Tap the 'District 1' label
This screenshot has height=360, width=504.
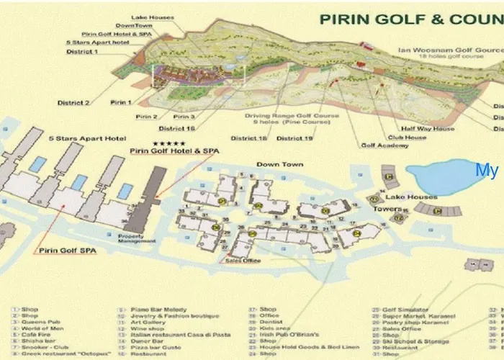point(82,52)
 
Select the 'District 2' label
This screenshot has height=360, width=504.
point(73,103)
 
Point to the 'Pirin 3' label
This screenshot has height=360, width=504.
point(184,117)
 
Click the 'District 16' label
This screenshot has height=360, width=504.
point(180,128)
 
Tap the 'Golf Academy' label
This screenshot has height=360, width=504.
point(384,145)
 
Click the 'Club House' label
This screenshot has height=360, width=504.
point(407,137)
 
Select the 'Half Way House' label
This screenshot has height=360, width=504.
point(433,129)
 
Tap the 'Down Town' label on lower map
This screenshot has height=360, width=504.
point(279,165)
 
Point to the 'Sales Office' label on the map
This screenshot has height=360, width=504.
point(245,261)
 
